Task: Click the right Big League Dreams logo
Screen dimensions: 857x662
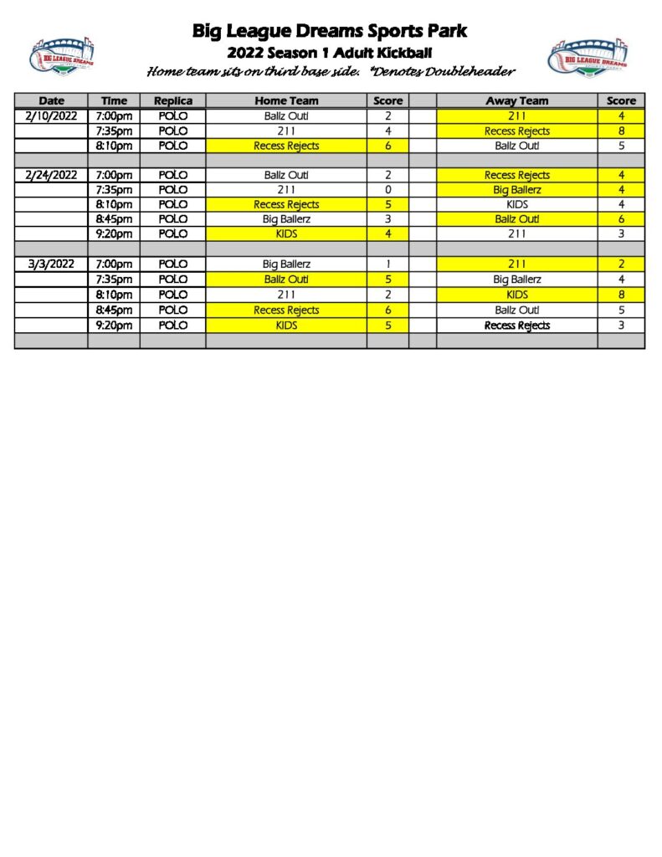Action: coord(588,58)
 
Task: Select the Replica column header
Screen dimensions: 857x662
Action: coord(172,100)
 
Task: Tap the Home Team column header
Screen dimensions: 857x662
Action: coord(286,100)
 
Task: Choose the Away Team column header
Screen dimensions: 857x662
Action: coord(516,100)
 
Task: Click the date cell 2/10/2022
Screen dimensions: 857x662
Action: coord(51,115)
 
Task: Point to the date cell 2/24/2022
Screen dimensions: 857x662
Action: coord(51,175)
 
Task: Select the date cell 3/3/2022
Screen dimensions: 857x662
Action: coord(51,264)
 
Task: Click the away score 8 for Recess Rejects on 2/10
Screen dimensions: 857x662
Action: coord(621,131)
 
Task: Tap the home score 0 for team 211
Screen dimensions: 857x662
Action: coord(388,190)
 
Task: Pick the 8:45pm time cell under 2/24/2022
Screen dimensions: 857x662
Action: coord(114,219)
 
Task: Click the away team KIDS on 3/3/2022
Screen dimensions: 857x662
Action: coord(516,295)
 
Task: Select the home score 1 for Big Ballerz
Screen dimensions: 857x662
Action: coord(388,264)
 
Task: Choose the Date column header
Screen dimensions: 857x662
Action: coord(51,100)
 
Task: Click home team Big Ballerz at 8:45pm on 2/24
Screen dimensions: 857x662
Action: coord(286,219)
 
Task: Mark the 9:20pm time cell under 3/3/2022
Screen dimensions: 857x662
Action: coord(114,325)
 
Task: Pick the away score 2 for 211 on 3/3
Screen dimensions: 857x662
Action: coord(621,264)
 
